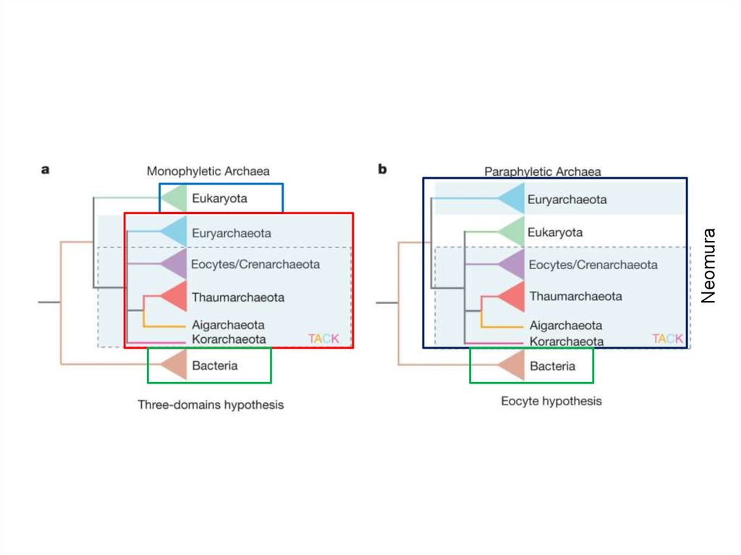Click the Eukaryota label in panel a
(219, 198)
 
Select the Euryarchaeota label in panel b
(567, 199)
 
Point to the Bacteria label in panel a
(214, 365)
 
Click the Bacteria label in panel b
(552, 366)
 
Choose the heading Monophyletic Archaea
(208, 171)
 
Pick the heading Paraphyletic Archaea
(543, 171)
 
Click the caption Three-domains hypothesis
(211, 404)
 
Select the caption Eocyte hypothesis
(551, 401)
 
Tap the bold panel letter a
(45, 170)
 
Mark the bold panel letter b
(382, 169)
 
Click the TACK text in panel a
(323, 339)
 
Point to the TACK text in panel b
(667, 339)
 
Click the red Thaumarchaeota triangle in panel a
(173, 296)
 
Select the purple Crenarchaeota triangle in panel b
(510, 264)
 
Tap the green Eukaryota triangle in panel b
(510, 232)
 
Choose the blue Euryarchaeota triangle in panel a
(173, 232)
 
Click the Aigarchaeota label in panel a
(228, 325)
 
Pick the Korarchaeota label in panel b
(567, 341)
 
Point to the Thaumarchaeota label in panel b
(575, 296)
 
